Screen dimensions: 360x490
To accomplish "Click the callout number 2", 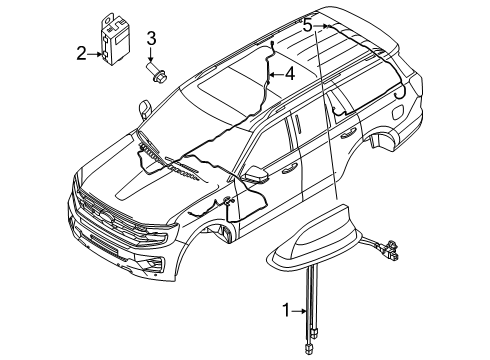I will coord(82,55).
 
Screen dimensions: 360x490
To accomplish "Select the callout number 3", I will coord(152,39).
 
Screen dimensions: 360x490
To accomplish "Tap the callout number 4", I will coord(289,73).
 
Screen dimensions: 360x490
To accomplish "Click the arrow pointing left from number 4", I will coord(275,73).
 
